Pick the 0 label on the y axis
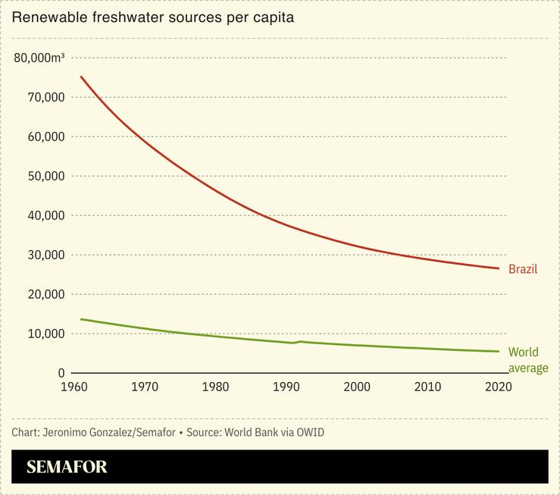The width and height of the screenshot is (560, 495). [x=61, y=373]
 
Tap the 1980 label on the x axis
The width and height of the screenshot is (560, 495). [x=215, y=387]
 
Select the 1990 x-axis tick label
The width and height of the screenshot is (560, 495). [x=286, y=387]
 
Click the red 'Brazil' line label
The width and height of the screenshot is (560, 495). [x=522, y=269]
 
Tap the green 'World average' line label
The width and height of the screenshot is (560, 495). [x=528, y=360]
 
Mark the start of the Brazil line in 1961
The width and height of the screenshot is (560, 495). [x=81, y=77]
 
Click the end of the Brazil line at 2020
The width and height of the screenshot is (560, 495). [x=499, y=268]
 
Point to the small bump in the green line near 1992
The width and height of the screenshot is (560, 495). [x=300, y=341]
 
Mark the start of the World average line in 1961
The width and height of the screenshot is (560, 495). [x=81, y=319]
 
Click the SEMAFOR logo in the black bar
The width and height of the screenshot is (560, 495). [x=67, y=467]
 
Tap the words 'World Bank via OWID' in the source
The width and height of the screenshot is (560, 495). [x=277, y=432]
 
